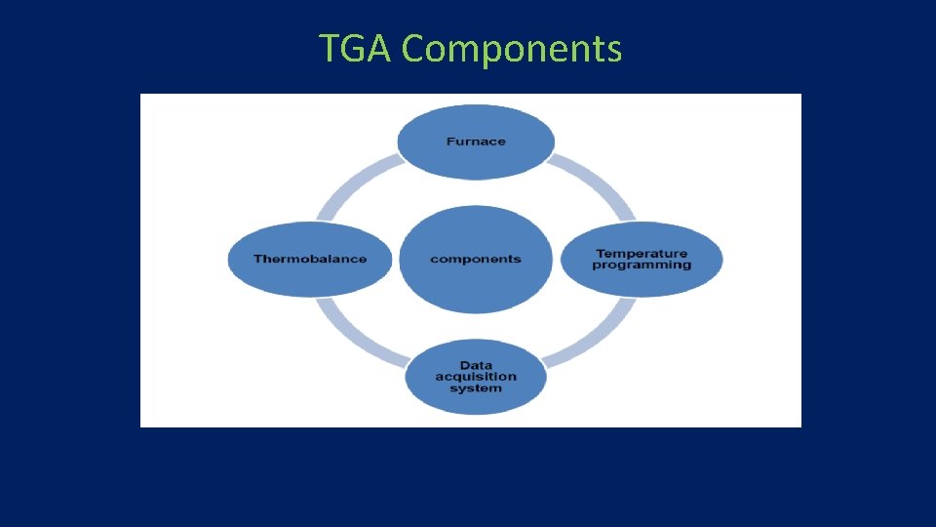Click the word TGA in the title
[356, 48]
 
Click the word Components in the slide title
[511, 49]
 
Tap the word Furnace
[476, 142]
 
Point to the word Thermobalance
[310, 259]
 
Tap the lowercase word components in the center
[476, 259]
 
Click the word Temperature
[642, 254]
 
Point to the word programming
[642, 265]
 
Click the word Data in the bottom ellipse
[476, 366]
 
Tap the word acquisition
[476, 377]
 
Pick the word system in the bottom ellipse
[476, 388]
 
